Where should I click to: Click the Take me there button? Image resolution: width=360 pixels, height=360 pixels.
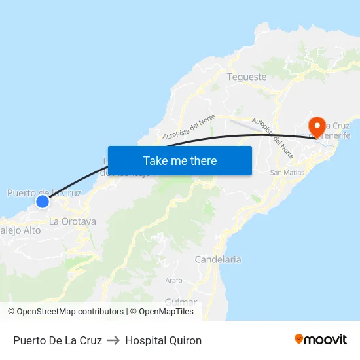pyautogui.click(x=179, y=160)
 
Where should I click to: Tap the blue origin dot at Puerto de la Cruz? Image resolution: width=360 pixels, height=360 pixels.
pyautogui.click(x=42, y=202)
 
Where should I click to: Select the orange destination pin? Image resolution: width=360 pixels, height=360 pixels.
pyautogui.click(x=317, y=126)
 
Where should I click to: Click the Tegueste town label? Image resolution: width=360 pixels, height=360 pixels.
pyautogui.click(x=247, y=77)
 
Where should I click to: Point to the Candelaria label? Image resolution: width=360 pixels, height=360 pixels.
pyautogui.click(x=218, y=259)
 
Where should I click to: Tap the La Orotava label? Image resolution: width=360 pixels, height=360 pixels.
pyautogui.click(x=73, y=221)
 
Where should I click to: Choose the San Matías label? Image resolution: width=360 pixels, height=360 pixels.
pyautogui.click(x=287, y=173)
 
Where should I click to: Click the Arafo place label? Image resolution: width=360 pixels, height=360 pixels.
pyautogui.click(x=174, y=280)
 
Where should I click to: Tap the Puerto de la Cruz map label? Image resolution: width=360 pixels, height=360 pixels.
pyautogui.click(x=44, y=192)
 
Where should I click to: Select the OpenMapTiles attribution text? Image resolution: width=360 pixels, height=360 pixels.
pyautogui.click(x=166, y=312)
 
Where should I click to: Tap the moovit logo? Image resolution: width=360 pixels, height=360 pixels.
pyautogui.click(x=321, y=340)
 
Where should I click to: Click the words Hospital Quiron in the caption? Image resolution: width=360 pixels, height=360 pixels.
pyautogui.click(x=164, y=340)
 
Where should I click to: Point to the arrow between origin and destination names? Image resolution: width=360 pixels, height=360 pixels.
pyautogui.click(x=114, y=340)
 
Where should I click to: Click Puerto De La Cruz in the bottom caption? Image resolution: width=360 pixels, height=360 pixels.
pyautogui.click(x=58, y=340)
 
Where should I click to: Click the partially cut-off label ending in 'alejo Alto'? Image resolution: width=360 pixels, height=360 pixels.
pyautogui.click(x=20, y=230)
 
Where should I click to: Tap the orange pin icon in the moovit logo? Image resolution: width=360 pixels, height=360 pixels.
pyautogui.click(x=299, y=339)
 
